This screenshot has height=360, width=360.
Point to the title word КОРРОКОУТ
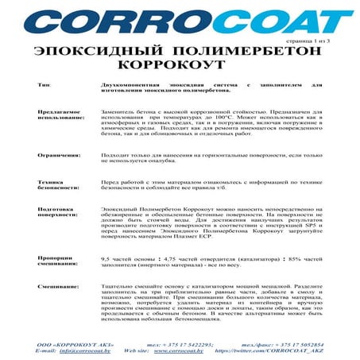[x=180, y=64]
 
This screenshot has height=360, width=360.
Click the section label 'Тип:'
[x=45, y=83]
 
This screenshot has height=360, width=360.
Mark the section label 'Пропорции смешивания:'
[x=58, y=261]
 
